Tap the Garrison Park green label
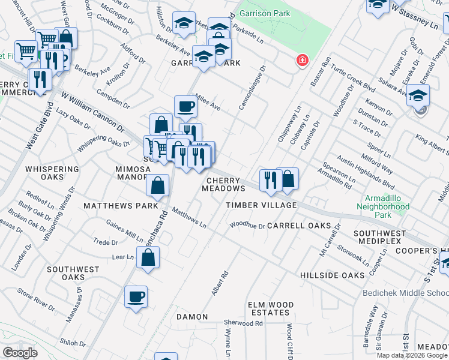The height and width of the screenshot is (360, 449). tap(264, 13)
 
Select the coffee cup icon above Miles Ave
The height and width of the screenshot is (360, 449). tap(185, 107)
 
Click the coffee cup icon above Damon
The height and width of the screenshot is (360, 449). tap(136, 296)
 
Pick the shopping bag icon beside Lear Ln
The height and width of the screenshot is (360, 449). tap(148, 258)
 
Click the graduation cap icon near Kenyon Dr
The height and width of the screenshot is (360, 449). tap(418, 95)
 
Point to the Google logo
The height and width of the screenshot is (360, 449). tap(20, 352)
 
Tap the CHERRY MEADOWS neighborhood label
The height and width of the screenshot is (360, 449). tap(226, 184)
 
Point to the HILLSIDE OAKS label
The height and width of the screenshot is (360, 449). tap(332, 275)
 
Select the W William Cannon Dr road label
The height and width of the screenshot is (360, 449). tap(92, 112)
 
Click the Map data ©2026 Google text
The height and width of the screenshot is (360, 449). tap(411, 355)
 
